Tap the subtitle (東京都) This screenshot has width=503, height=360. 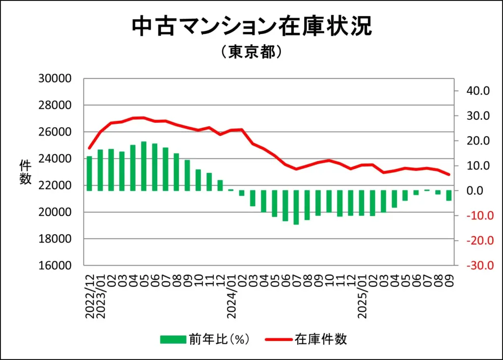(251, 52)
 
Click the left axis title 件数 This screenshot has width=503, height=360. (25, 172)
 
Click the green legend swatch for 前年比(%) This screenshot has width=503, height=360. (173, 339)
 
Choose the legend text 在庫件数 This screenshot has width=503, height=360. (321, 339)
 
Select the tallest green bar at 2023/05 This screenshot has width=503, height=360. (144, 166)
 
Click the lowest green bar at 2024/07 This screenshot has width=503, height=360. (296, 207)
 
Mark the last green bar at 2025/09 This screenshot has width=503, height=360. (448, 195)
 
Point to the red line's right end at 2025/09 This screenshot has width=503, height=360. (448, 174)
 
